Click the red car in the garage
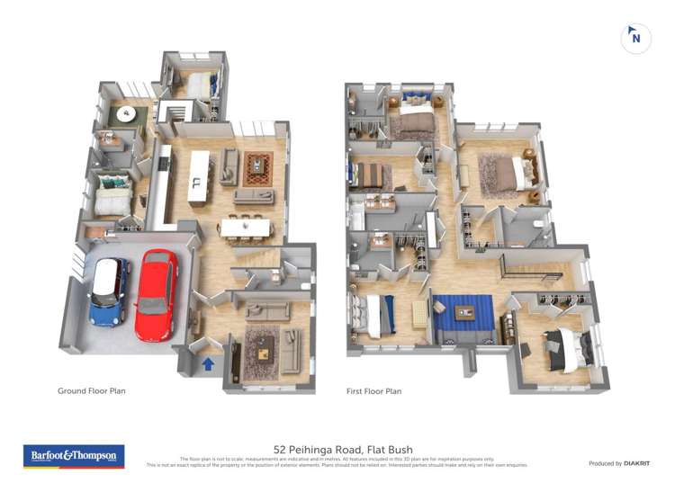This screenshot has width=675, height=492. (157, 294)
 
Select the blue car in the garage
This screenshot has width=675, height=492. (110, 291)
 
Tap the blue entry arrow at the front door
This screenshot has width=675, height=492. (208, 364)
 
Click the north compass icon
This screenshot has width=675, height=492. (635, 38)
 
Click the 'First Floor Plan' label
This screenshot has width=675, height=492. (373, 391)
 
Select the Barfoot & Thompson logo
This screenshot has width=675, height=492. (74, 456)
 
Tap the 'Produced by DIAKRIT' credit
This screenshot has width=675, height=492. (618, 463)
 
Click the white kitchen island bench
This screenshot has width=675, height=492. (198, 175)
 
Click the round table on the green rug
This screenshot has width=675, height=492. (129, 114)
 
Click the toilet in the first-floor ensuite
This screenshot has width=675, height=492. (537, 225)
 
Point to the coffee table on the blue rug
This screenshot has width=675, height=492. (465, 313)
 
